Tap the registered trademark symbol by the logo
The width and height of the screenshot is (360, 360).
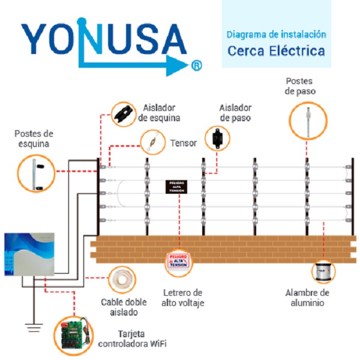tap(197, 65)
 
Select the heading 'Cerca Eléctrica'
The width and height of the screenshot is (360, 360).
tap(276, 50)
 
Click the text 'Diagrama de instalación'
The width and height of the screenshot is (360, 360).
tap(276, 34)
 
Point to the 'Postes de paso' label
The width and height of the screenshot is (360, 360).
tap(301, 85)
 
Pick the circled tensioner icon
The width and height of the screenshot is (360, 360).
tap(153, 143)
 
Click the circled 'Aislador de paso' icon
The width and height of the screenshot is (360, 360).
tap(216, 139)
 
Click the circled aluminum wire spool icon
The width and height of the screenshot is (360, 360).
tap(323, 269)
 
